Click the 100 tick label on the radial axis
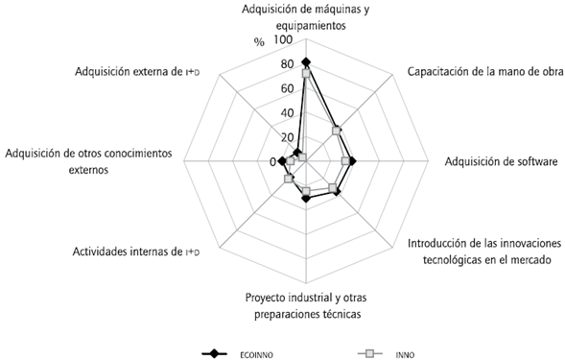point(284,41)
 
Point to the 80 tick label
point(288,65)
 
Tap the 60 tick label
point(288,89)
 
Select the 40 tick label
point(288,113)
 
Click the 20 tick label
point(288,137)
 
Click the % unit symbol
point(259,42)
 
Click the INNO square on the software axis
point(345,161)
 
